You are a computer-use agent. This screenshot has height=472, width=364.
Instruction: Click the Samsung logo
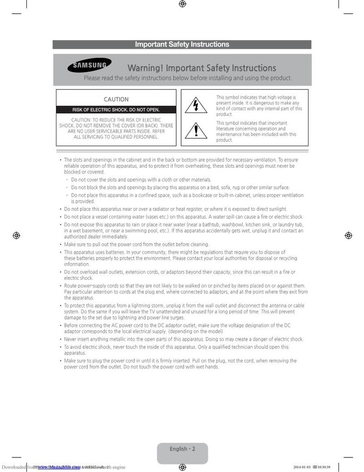[90, 66]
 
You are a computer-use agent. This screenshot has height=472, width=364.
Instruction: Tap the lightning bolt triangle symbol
[196, 106]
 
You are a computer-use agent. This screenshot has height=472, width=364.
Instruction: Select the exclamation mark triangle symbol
[196, 131]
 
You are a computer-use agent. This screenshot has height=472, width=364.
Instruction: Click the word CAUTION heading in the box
[116, 99]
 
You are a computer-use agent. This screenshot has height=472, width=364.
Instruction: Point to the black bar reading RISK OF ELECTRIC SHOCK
[116, 110]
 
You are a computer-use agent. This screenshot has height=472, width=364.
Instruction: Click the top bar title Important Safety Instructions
[182, 44]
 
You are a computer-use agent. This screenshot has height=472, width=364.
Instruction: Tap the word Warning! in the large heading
[145, 68]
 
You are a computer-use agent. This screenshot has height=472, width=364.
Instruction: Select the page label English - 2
[182, 449]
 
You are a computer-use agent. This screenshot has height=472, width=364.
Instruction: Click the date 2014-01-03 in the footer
[302, 467]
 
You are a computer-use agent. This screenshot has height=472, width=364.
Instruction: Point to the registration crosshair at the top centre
[182, 4]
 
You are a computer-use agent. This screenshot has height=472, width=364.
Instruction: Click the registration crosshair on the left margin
[16, 235]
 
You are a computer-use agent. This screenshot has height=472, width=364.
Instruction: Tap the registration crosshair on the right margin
[348, 235]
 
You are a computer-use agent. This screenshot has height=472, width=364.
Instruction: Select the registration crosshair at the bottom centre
[182, 467]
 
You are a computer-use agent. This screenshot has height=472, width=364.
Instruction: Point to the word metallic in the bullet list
[123, 339]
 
